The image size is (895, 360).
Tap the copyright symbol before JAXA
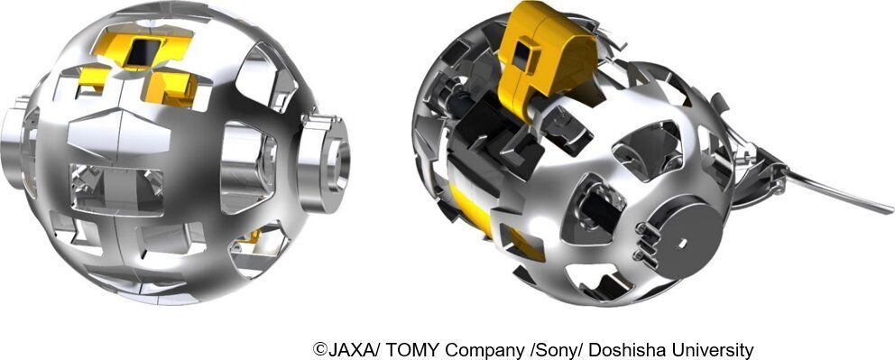tap(319, 349)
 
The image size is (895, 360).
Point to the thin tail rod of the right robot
tap(839, 191)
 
